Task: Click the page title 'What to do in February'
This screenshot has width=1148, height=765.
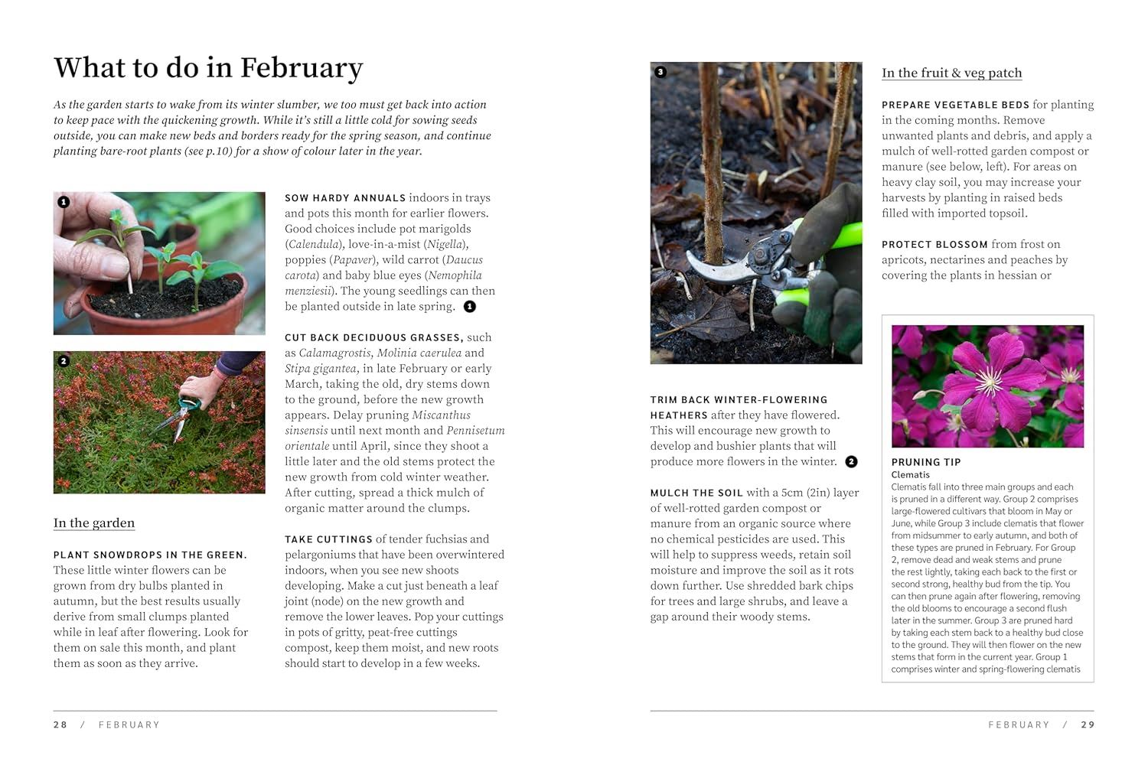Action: (208, 68)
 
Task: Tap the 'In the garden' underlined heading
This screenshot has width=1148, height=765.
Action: (94, 523)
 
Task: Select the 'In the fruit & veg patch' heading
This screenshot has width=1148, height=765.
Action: (951, 73)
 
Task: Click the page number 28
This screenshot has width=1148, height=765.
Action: (60, 724)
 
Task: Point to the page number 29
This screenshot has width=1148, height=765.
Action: (1088, 724)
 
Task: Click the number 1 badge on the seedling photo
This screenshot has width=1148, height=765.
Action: (64, 202)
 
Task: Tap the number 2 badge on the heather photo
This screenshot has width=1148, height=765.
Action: (64, 361)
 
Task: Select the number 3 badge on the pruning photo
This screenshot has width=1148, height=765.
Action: (660, 72)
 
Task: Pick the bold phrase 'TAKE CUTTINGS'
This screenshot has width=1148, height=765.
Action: (328, 539)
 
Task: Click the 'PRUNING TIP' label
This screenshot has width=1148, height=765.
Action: (926, 462)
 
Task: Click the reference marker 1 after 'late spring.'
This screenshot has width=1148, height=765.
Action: (470, 307)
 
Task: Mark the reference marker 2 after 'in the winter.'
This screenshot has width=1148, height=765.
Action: (851, 461)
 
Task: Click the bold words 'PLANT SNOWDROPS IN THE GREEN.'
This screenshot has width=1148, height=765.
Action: (150, 555)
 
